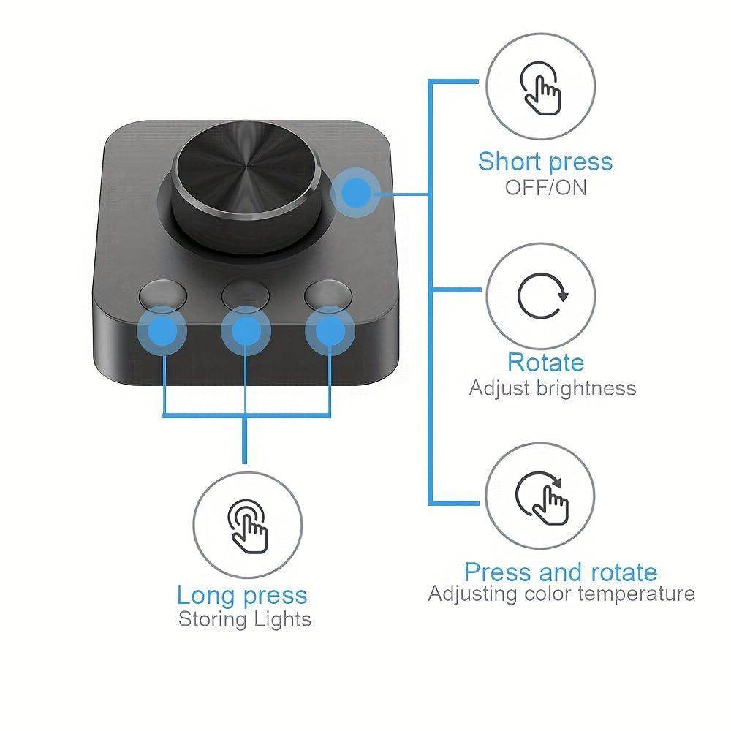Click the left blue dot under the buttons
[x=162, y=332]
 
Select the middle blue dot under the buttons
[x=246, y=332]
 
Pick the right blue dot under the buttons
[x=330, y=332]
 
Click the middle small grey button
[x=245, y=294]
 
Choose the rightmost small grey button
[x=328, y=294]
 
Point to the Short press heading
[x=545, y=161]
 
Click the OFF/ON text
[x=545, y=187]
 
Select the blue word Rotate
[x=545, y=363]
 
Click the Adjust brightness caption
[x=552, y=387]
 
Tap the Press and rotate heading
[x=561, y=572]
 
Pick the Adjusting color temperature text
[x=561, y=594]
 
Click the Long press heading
[x=242, y=595]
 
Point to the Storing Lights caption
[x=245, y=620]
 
